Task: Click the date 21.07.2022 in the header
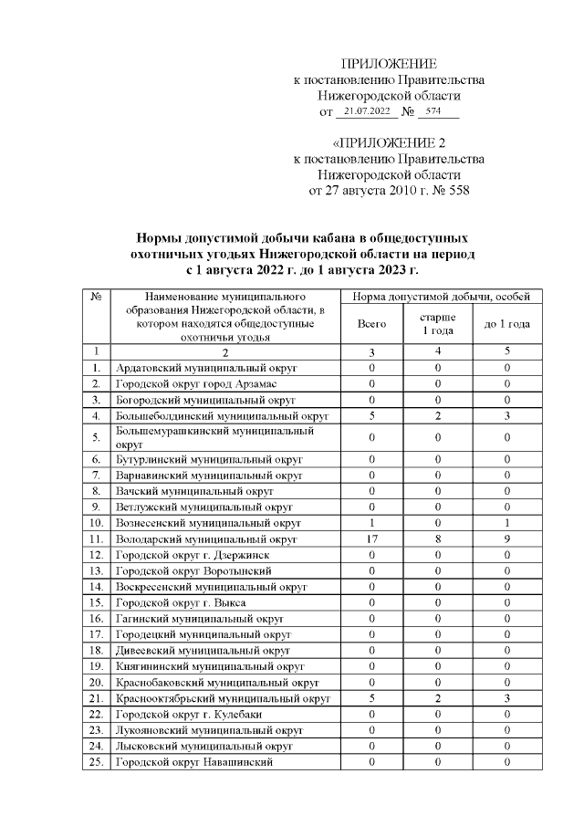tap(366, 111)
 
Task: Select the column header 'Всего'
tap(372, 324)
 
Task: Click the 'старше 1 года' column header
tap(438, 323)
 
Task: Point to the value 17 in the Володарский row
tap(372, 538)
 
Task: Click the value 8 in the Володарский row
tap(438, 538)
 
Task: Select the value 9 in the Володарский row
tap(506, 538)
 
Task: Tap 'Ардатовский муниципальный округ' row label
tap(207, 368)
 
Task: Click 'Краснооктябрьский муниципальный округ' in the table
tap(223, 699)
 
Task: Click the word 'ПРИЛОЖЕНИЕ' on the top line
tap(389, 64)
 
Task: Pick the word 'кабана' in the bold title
tap(334, 235)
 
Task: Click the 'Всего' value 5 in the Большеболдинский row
tap(372, 415)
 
